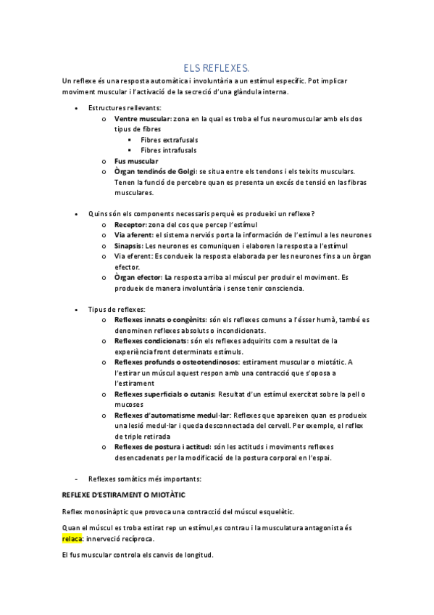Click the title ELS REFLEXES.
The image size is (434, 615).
pyautogui.click(x=217, y=67)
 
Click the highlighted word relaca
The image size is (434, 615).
pyautogui.click(x=72, y=539)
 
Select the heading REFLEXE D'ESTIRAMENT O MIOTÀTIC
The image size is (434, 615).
pyautogui.click(x=124, y=494)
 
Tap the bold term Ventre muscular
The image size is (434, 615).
pyautogui.click(x=143, y=118)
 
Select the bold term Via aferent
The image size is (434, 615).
pyautogui.click(x=133, y=235)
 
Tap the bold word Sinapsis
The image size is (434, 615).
pyautogui.click(x=130, y=246)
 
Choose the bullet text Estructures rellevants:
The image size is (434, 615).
pyautogui.click(x=125, y=107)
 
